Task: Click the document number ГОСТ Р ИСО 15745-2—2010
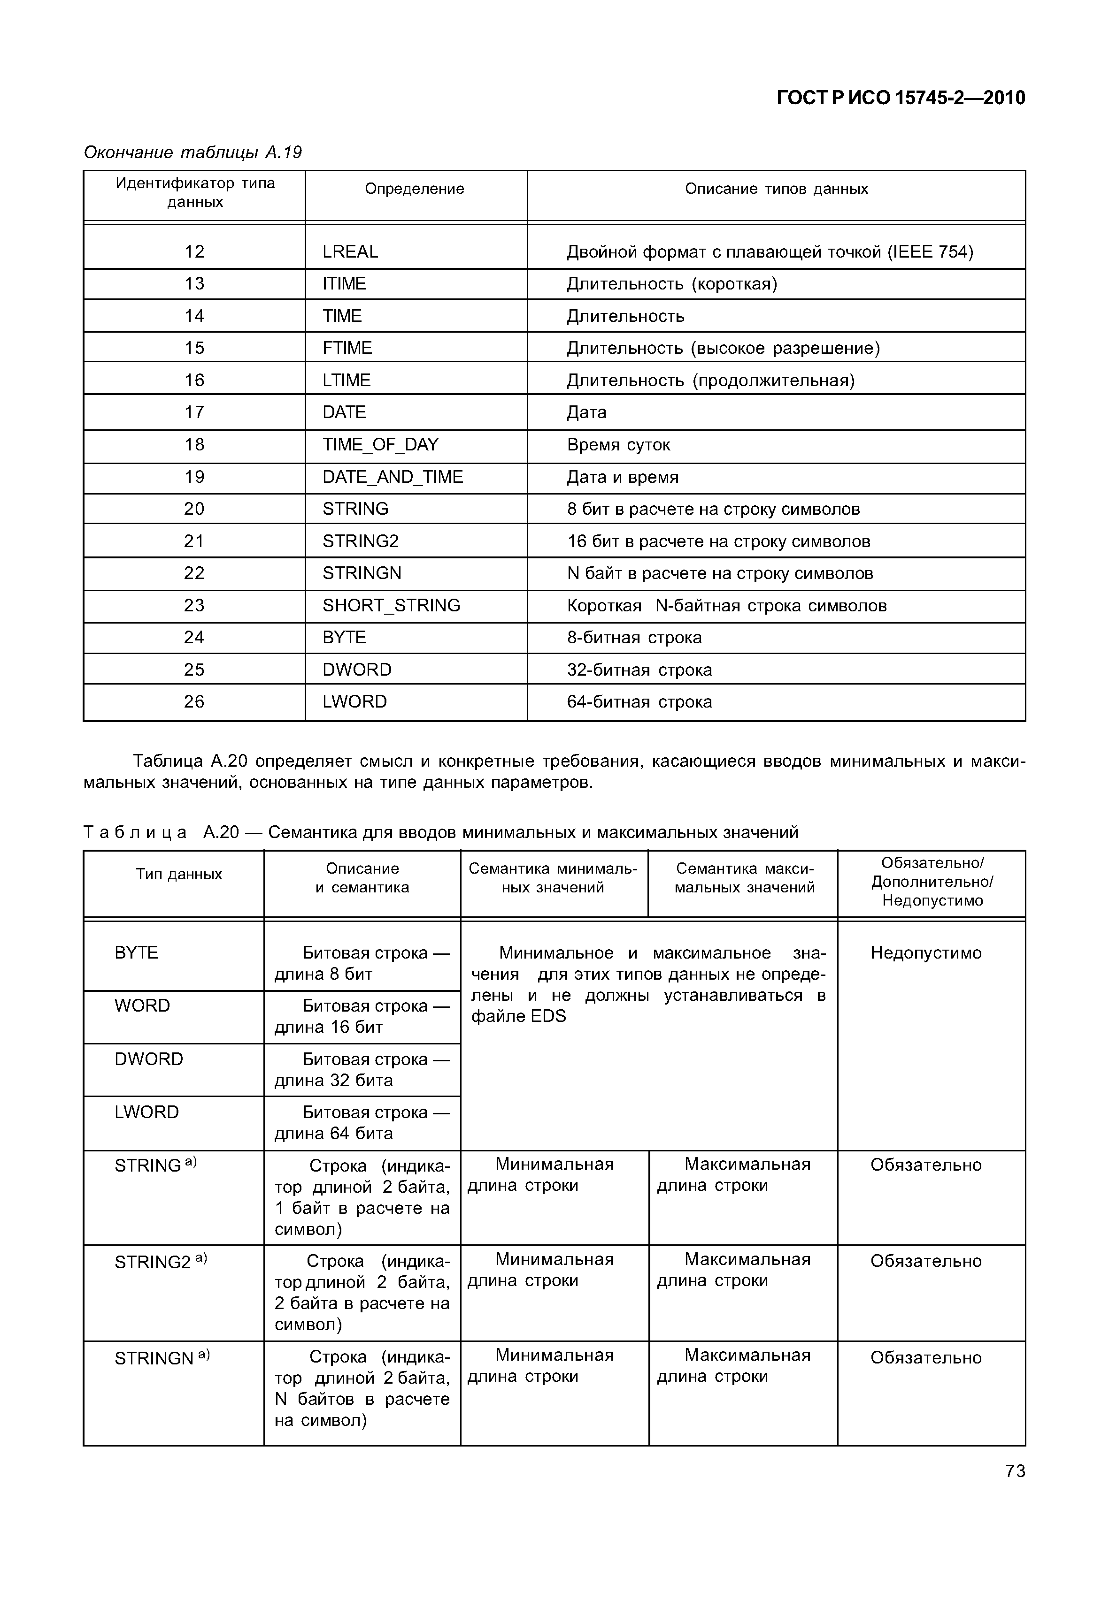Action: pos(900,98)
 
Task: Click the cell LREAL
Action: pos(350,251)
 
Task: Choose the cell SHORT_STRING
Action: pos(391,606)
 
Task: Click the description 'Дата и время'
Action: pos(622,477)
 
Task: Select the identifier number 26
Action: pos(194,701)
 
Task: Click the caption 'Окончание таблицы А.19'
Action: pos(193,152)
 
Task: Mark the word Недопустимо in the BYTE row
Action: pos(925,953)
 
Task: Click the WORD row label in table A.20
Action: pos(142,1005)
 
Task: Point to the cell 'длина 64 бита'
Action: pos(333,1134)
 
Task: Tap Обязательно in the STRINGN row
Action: pos(925,1358)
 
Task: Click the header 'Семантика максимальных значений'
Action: pos(744,878)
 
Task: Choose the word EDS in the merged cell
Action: pos(548,1017)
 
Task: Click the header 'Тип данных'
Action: pos(178,874)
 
